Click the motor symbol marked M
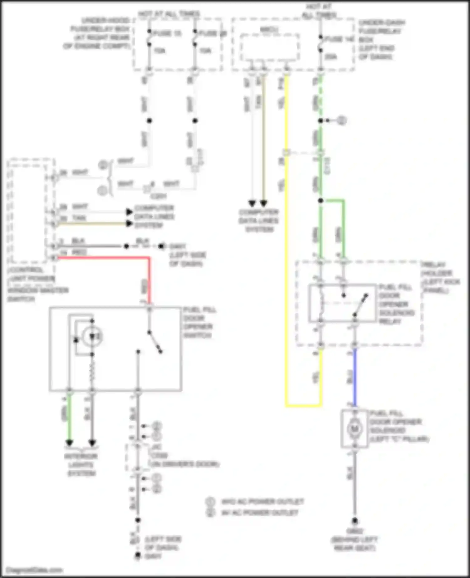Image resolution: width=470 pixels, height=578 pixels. (354, 429)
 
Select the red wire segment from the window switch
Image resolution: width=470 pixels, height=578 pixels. (103, 258)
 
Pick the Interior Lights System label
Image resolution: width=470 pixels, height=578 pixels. (81, 465)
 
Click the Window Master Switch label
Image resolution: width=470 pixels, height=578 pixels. (38, 295)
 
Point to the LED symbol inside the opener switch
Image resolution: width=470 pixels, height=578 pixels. (92, 337)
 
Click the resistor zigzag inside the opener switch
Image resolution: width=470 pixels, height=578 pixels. (92, 373)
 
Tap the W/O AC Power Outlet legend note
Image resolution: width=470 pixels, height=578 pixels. (263, 502)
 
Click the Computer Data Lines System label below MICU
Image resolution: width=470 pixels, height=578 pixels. (259, 221)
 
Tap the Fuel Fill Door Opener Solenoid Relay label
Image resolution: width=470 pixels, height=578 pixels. (396, 304)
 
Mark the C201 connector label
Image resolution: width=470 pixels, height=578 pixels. (159, 196)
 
